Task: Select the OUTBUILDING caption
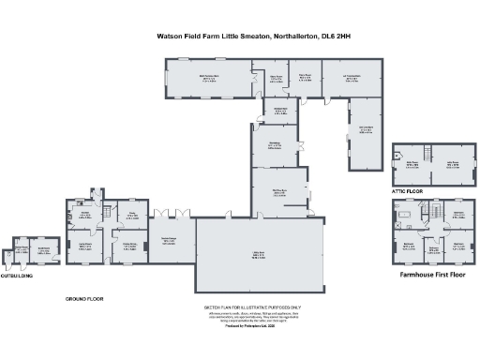(x=20, y=277)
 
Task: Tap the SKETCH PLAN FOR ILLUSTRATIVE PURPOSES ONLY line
(x=253, y=306)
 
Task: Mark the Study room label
(x=132, y=215)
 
